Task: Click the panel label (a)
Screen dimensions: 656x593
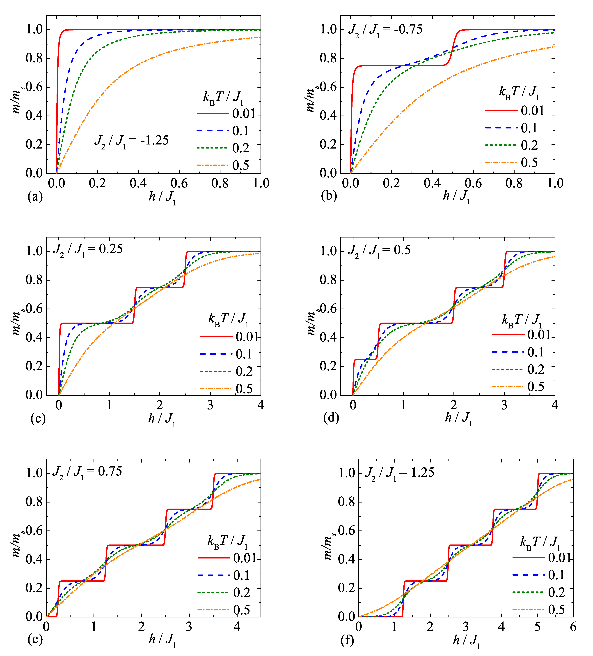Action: (35, 197)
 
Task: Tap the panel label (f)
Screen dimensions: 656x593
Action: (347, 640)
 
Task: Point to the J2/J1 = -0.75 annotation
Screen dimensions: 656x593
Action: (385, 30)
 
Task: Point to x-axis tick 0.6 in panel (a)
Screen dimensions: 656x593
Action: (179, 184)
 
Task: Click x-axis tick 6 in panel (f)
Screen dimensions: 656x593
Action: (573, 627)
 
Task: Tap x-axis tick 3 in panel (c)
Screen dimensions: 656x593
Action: (210, 405)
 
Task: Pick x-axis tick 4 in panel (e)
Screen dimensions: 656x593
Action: (237, 627)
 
